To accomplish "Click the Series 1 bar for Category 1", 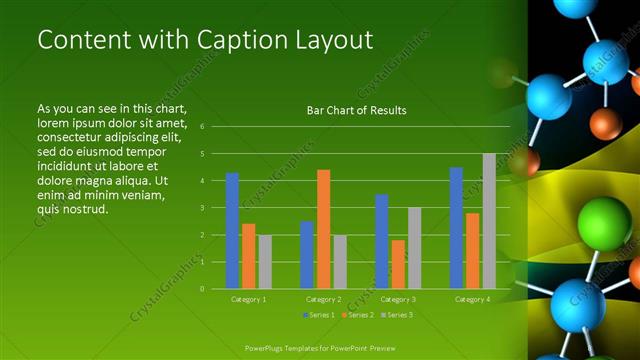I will pyautogui.click(x=232, y=231).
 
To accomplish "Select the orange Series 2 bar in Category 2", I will pyautogui.click(x=323, y=229).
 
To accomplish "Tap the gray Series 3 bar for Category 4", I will pyautogui.click(x=488, y=221).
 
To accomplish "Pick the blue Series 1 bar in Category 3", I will pyautogui.click(x=381, y=241).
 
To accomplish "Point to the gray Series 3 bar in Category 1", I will pyautogui.click(x=264, y=262).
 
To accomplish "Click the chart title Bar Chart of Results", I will pyautogui.click(x=356, y=110).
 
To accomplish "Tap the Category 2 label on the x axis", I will pyautogui.click(x=323, y=299).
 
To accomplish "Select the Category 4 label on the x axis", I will pyautogui.click(x=472, y=299).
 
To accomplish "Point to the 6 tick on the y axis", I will pyautogui.click(x=202, y=127).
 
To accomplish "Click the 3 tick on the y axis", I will pyautogui.click(x=202, y=208).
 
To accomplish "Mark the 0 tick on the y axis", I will pyautogui.click(x=202, y=289).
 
